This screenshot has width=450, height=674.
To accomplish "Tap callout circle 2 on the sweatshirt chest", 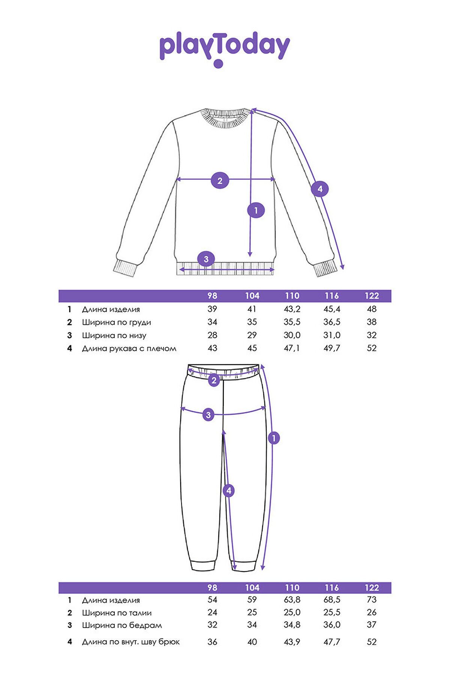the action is tap(220, 180).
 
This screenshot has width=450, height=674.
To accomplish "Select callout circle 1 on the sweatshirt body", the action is tap(256, 210).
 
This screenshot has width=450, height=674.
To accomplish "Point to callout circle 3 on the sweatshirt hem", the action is tap(206, 259).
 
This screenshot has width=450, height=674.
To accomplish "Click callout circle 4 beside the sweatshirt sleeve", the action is tap(320, 189).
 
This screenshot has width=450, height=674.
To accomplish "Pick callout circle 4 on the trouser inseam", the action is tap(229, 491).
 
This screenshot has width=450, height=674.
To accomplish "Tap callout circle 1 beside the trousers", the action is tap(274, 438).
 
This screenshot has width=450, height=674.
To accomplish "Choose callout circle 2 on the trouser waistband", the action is tap(214, 381).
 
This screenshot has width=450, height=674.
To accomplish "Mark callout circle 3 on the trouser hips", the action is tap(208, 415).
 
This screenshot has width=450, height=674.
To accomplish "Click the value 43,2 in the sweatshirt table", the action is tap(292, 309).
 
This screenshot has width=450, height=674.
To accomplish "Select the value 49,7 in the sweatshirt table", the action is tap(332, 348).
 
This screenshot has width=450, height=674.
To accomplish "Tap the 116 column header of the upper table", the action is tap(332, 296).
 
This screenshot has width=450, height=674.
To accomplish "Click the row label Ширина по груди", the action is tap(117, 323).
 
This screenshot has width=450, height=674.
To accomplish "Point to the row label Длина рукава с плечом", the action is tap(129, 349).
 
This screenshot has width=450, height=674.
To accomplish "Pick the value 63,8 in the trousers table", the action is tap(292, 600).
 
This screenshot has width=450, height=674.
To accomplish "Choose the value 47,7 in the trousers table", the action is tap(332, 642).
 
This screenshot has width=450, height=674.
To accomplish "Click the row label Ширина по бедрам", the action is tap(122, 625).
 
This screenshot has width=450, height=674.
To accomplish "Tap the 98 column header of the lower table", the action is tap(212, 588).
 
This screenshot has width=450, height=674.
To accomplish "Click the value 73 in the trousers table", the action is tap(372, 600).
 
